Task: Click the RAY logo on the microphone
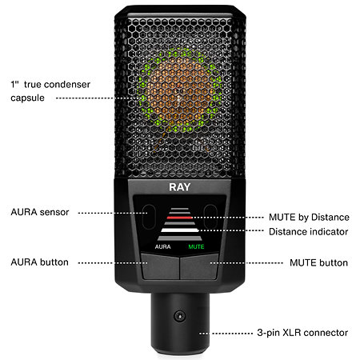pos(180,187)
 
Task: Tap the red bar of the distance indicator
pos(179,218)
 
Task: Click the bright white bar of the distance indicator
pos(180,230)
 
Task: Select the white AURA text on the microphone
pos(162,247)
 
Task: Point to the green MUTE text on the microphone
pos(196,247)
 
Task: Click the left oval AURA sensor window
pos(149,217)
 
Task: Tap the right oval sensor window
pos(210,217)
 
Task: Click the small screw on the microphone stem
pos(180,316)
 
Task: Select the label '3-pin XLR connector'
pos(302,333)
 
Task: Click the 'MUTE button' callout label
pos(318,263)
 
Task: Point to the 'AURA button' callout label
pos(40,262)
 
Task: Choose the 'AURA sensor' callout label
pos(40,212)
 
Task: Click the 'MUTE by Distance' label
pos(309,218)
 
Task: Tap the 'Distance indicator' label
pos(309,232)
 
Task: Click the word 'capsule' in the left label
pos(27,98)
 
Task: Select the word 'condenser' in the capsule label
pos(67,85)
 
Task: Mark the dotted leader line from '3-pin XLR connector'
pos(226,334)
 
